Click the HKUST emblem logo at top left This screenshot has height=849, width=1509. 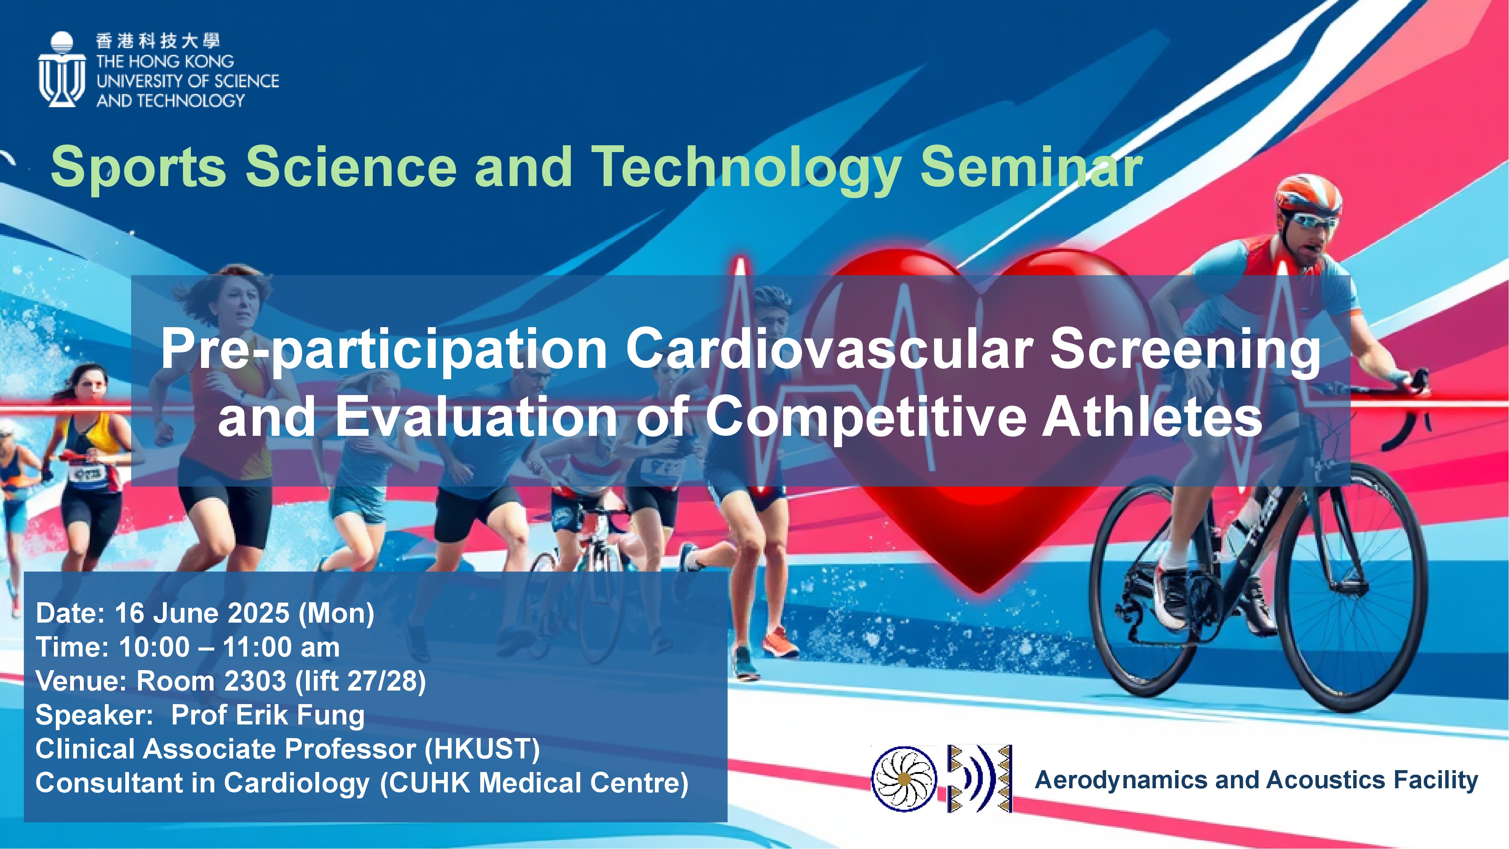(x=61, y=69)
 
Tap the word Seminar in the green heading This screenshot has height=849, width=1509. (x=1031, y=167)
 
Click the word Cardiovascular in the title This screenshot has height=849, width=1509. (x=829, y=350)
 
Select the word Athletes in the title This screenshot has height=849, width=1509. (x=1152, y=418)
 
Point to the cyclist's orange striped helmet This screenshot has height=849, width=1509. (x=1309, y=196)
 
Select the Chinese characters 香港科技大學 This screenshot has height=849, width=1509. (x=158, y=41)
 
